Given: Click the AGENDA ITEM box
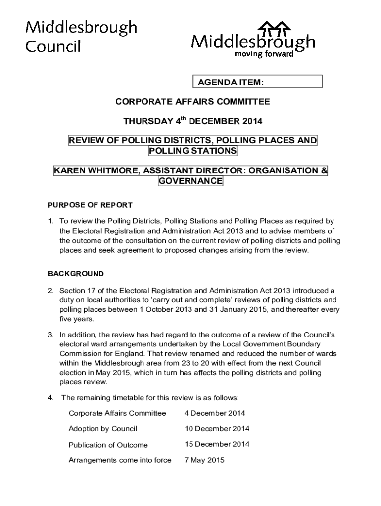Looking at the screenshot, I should [257, 82].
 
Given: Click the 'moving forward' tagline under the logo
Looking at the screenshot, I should [263, 54].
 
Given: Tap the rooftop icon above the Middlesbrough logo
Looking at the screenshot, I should [274, 29].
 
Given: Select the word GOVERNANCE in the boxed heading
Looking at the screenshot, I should [190, 181].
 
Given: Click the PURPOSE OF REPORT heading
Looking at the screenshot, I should [90, 205].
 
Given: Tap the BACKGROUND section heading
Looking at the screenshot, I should [76, 273].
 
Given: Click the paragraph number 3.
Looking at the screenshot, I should [50, 335].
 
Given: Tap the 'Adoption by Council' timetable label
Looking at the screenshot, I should [103, 429].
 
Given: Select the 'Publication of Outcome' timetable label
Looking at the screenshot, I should [108, 445].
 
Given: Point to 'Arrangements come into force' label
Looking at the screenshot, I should [120, 460].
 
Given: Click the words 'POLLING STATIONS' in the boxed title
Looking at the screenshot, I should [192, 150].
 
